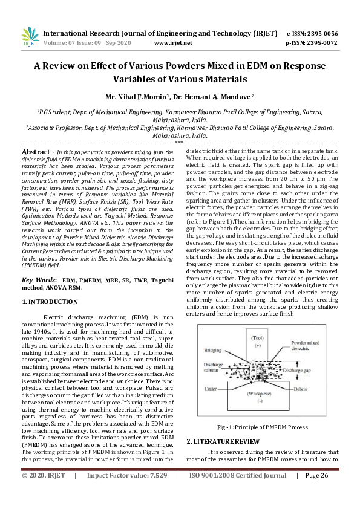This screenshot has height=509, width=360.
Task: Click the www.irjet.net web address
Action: pyautogui.click(x=173, y=44)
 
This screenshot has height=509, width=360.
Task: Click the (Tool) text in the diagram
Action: pyautogui.click(x=257, y=338)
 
